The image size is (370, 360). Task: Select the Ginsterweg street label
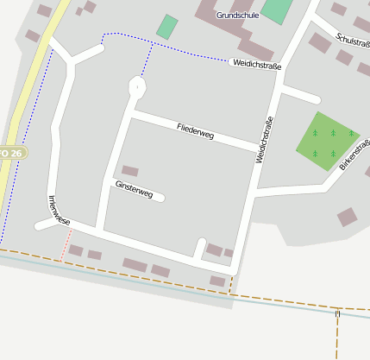134,190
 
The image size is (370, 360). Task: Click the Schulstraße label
353,40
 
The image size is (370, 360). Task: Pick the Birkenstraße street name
354,154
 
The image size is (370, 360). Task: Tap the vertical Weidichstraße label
264,140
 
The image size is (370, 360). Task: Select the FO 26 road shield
12,153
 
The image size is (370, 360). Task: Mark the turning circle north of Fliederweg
136,85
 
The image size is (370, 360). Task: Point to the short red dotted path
64,246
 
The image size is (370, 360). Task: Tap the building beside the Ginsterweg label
130,171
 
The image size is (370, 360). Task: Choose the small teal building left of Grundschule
167,26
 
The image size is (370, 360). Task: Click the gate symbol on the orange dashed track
338,314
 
